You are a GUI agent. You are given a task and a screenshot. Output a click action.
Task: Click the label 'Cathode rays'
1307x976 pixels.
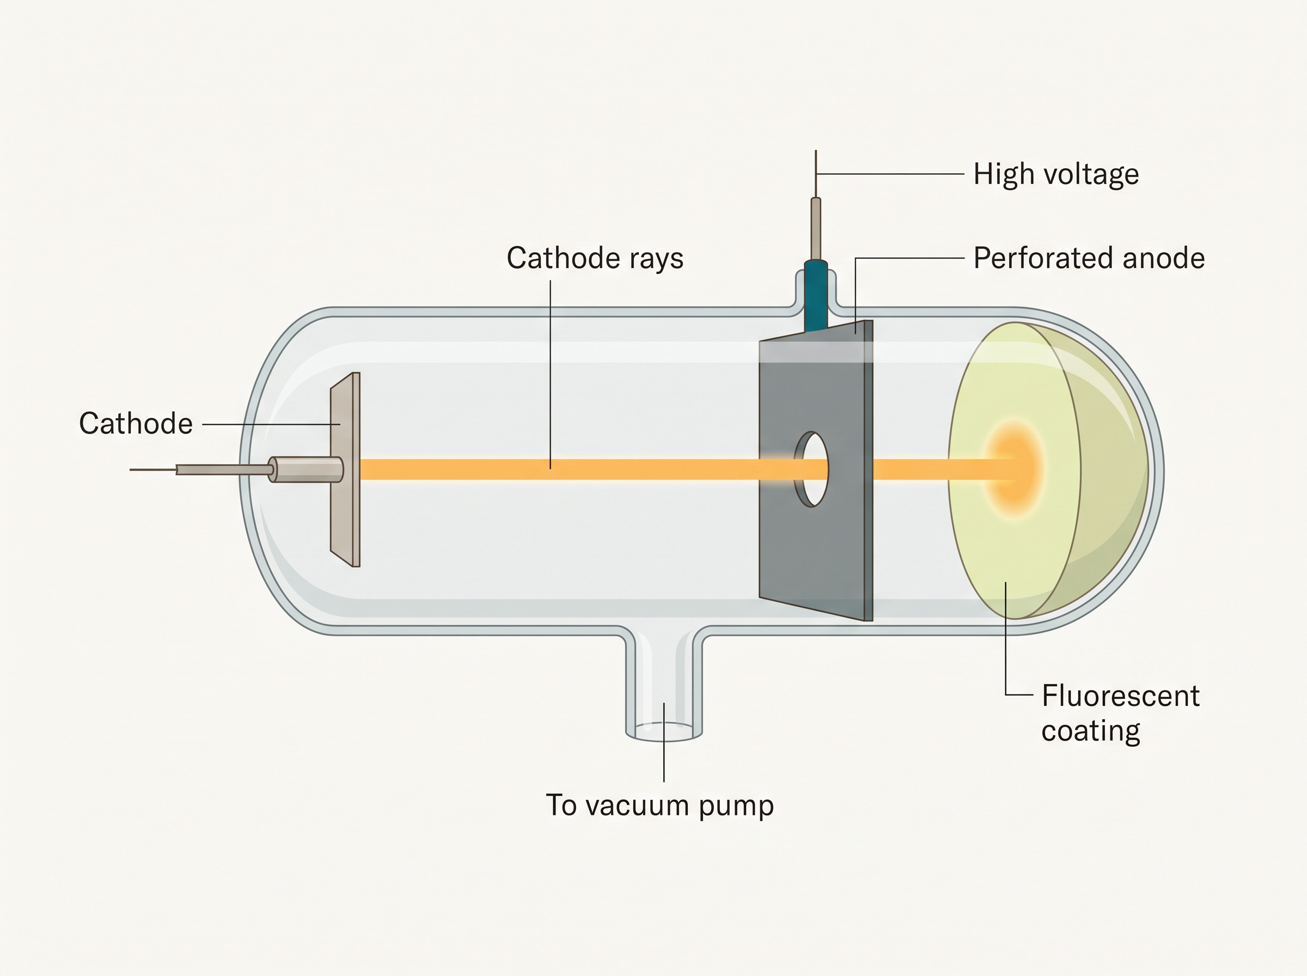595,259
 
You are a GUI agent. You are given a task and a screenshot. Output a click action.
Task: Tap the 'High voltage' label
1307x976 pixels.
1056,174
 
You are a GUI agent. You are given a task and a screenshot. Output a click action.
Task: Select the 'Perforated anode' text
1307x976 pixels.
1089,258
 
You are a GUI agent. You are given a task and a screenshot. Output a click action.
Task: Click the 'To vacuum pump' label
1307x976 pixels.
659,806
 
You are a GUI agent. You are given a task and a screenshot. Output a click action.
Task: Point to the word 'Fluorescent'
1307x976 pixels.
1120,696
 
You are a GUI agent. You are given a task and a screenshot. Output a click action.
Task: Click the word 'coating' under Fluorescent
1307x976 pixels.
1090,731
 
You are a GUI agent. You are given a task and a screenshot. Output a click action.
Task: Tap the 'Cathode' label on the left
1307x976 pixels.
136,424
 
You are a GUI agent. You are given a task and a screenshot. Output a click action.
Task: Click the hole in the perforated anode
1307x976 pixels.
813,469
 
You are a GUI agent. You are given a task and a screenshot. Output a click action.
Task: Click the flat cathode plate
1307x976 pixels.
345,469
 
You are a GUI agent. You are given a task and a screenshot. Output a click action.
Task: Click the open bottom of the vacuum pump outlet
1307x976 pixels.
664,733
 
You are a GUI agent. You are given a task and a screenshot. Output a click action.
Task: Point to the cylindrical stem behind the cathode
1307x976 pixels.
306,469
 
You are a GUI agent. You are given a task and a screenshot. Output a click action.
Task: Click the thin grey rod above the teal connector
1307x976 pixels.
816,229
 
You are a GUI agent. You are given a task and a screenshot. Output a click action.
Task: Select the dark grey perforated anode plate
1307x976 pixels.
816,471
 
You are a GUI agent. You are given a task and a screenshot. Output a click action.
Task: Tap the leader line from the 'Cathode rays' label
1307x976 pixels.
551,375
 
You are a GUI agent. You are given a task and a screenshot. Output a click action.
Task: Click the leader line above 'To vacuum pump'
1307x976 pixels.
664,742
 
